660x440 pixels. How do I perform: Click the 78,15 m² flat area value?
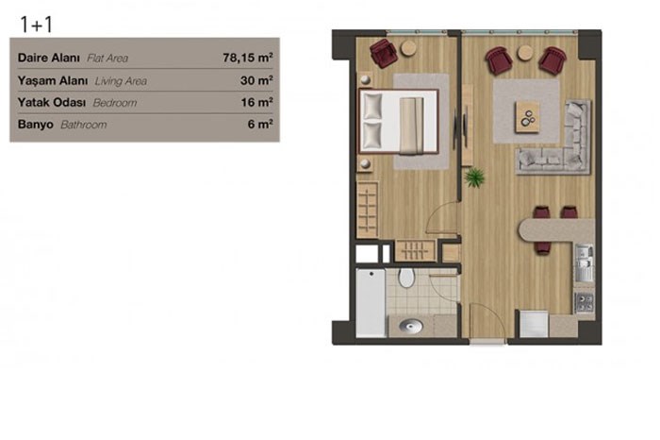pos(247,58)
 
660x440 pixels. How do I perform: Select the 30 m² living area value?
pos(256,79)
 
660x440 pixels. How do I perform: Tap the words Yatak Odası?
pos(52,102)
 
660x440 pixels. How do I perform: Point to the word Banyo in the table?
pos(36,125)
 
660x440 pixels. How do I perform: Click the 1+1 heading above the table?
pos(36,24)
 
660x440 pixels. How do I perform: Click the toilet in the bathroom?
pos(406,278)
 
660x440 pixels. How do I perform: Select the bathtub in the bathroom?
pos(371,302)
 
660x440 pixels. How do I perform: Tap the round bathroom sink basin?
pos(411,326)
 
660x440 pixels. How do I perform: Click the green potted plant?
pos(475,177)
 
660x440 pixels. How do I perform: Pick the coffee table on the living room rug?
pos(527,117)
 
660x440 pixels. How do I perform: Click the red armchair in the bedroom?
pos(384,53)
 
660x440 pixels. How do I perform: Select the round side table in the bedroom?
pos(408,48)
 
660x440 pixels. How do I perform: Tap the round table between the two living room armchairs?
pos(525,53)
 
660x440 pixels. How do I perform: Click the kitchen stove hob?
pos(585,302)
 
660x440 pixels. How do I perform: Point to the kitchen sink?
pos(585,263)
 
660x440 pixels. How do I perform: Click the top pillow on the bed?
pos(372,106)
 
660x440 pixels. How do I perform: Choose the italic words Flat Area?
pos(107,59)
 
